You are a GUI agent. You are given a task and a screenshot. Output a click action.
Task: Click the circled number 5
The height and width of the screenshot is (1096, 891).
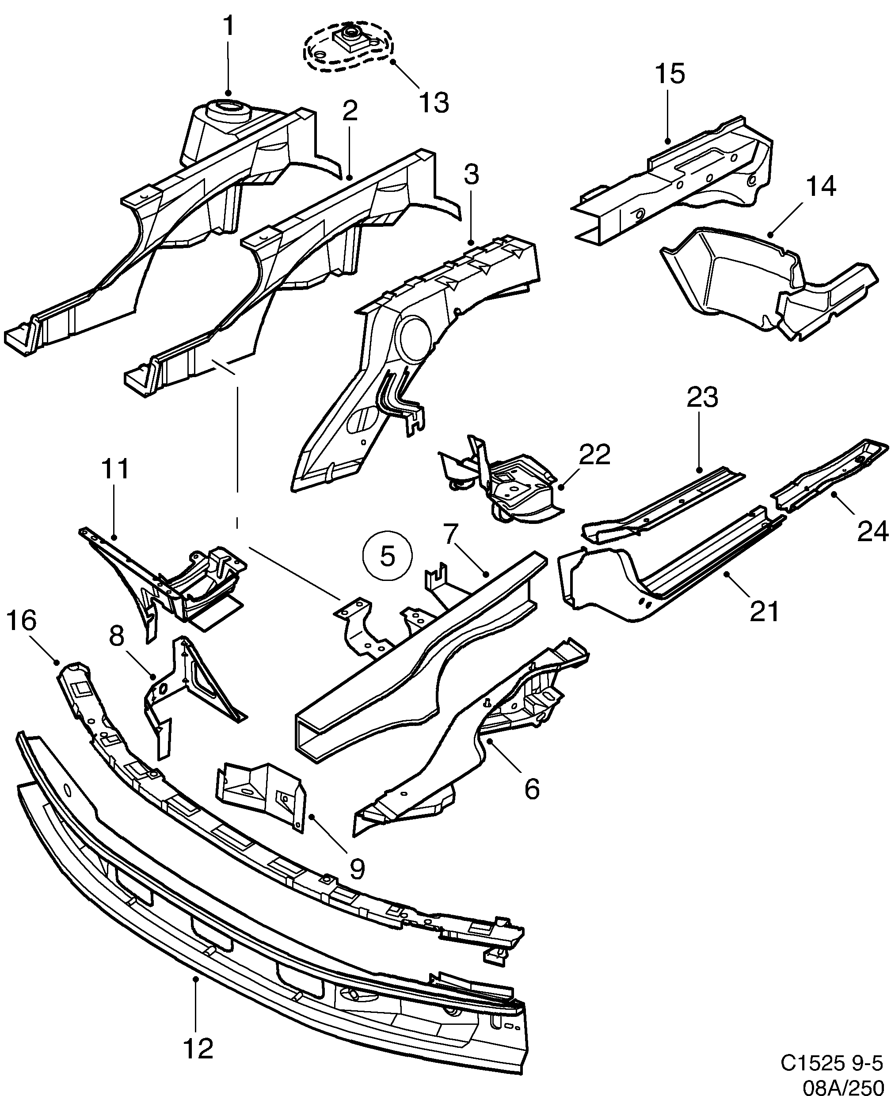point(388,557)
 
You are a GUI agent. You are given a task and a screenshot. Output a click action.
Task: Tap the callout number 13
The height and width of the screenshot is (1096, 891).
point(434,102)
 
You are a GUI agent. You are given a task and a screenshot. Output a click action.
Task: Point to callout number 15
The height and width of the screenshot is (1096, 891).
point(670,73)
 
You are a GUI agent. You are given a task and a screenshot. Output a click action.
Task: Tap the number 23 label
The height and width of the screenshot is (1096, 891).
point(702,398)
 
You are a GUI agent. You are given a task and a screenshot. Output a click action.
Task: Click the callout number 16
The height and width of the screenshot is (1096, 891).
point(22,620)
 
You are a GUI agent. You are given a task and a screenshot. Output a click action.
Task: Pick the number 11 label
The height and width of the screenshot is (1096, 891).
point(115,469)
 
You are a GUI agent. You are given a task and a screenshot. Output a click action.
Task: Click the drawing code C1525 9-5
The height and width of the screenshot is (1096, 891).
point(831,1064)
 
